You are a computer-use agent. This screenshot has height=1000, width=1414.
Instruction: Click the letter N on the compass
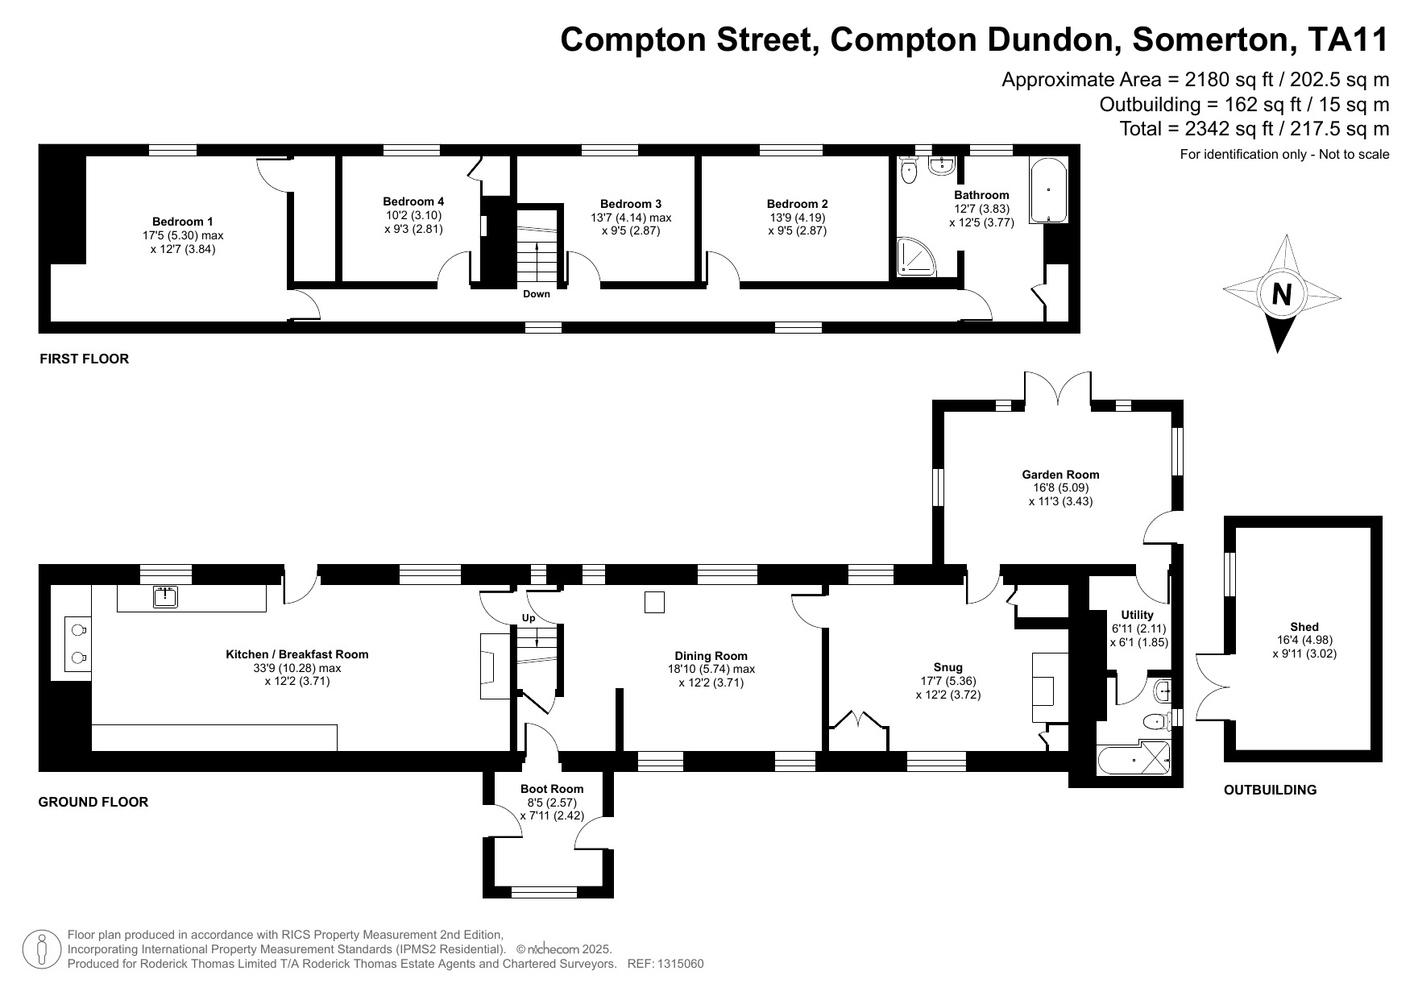tap(1281, 295)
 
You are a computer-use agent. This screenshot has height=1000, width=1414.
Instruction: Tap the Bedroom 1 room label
tap(183, 222)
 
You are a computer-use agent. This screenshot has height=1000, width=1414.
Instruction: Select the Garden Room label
tap(1060, 475)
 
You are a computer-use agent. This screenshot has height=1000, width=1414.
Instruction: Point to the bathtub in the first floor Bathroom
tap(1047, 190)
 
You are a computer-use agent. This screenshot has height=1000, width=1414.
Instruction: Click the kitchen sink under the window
tap(165, 596)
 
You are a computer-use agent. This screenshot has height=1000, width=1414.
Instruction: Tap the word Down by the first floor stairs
tap(537, 294)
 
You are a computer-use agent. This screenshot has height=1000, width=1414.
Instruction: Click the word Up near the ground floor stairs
tap(529, 618)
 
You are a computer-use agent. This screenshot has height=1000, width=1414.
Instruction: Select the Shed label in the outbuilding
tap(1304, 627)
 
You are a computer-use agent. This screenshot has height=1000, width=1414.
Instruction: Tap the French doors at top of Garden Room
tap(1059, 390)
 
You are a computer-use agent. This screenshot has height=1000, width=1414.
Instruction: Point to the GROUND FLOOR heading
tap(93, 802)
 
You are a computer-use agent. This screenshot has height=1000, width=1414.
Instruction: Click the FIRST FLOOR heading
tap(84, 359)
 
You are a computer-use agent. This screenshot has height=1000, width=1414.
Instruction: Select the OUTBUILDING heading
tap(1270, 790)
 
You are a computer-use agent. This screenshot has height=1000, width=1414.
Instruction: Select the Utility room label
tap(1138, 615)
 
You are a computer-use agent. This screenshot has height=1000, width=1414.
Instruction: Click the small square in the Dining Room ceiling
tap(654, 602)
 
